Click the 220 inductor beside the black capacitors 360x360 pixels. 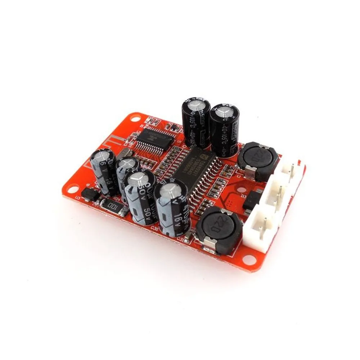[x=257, y=158]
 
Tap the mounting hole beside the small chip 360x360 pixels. [x=134, y=117]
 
